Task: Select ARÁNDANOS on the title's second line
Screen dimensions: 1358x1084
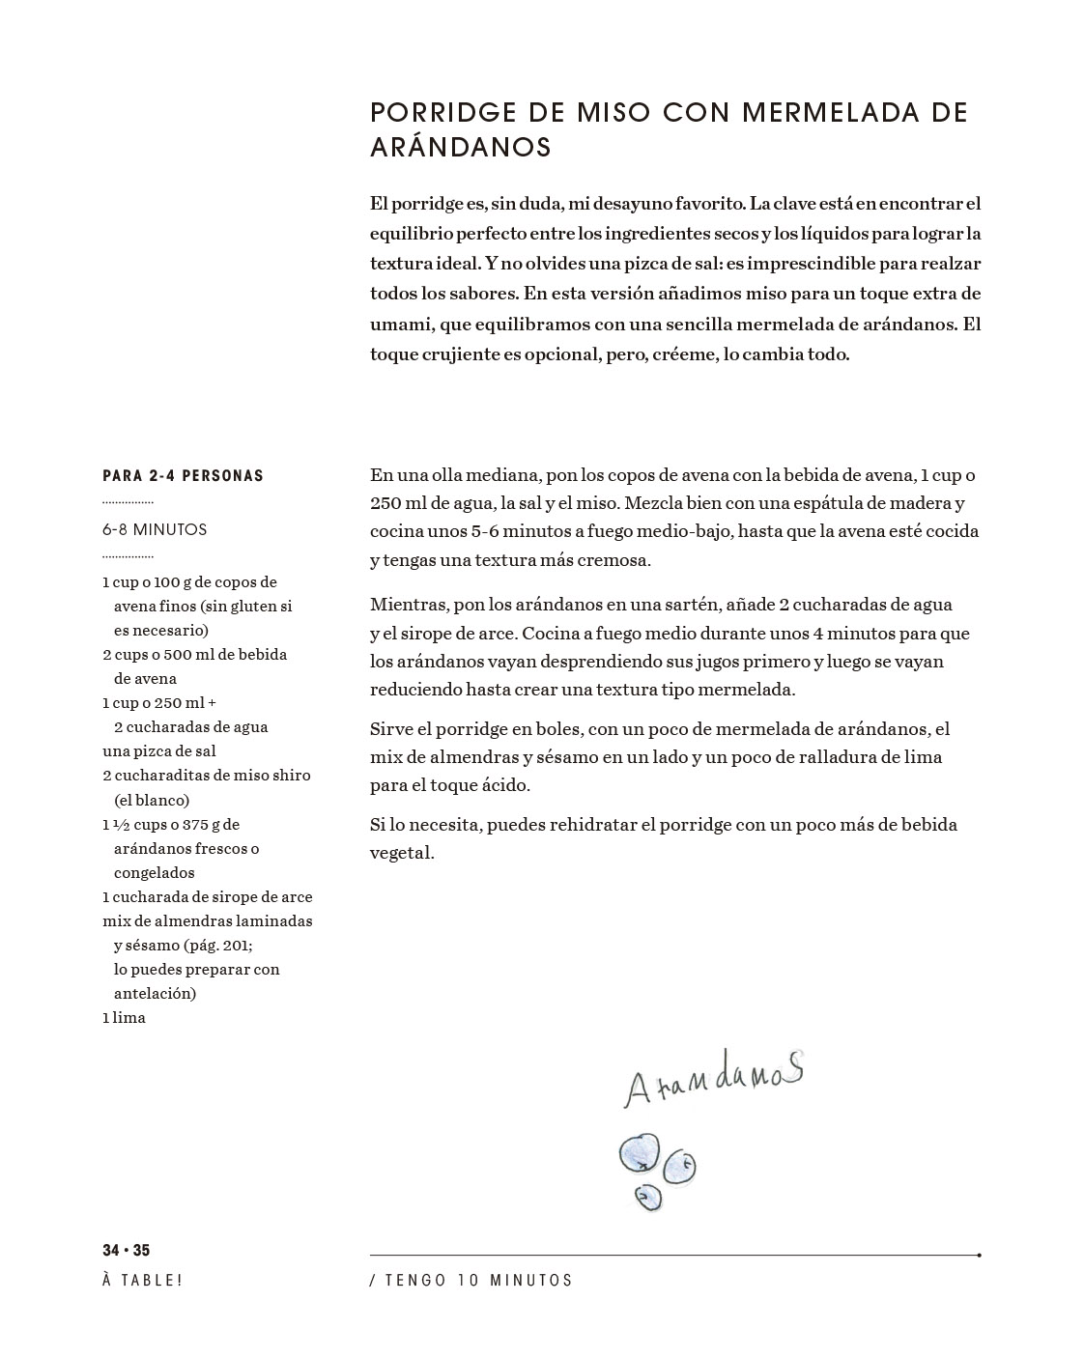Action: click(x=461, y=148)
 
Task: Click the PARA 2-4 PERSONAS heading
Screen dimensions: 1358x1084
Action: click(x=183, y=476)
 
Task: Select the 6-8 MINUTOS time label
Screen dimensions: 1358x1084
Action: click(x=155, y=529)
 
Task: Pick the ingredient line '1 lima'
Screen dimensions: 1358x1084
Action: click(x=124, y=1018)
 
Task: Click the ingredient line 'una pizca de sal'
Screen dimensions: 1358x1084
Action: click(x=159, y=751)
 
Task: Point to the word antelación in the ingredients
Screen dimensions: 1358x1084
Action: click(x=155, y=994)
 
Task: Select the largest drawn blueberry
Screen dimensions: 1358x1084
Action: click(x=639, y=1151)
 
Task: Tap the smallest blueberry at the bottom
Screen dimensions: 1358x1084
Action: click(x=647, y=1198)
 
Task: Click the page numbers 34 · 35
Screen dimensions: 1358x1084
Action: click(x=127, y=1251)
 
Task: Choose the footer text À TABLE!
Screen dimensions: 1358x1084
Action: click(x=142, y=1281)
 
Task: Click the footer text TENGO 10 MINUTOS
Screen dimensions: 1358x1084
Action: click(x=478, y=1281)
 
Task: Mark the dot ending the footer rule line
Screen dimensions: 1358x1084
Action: click(x=979, y=1256)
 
